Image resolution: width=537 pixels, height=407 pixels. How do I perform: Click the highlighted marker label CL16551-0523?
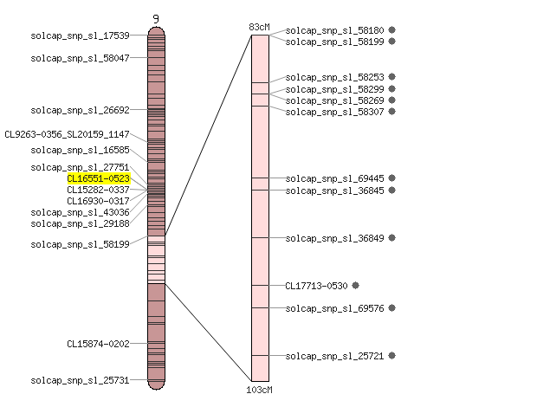[x=99, y=178]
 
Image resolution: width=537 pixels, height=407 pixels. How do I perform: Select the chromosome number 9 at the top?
[x=156, y=19]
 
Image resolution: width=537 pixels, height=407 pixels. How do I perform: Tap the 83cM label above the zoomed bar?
[x=259, y=27]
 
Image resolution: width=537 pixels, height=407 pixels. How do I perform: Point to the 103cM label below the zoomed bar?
[x=259, y=390]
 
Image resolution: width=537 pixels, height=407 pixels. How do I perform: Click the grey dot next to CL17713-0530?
[x=355, y=285]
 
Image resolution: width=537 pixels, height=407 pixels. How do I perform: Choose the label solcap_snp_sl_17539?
[x=81, y=36]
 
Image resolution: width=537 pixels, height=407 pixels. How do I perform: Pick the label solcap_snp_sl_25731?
[x=81, y=380]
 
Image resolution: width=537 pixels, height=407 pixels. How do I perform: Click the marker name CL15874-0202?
[x=98, y=344]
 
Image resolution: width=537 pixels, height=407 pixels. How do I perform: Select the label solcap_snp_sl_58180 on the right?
[x=334, y=30]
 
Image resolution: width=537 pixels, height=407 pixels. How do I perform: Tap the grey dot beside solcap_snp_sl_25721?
[x=391, y=356]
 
